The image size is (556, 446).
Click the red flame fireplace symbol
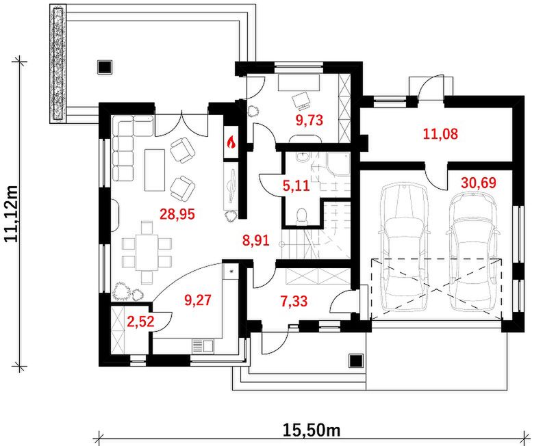pyautogui.click(x=231, y=142)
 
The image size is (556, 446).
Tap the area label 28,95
pyautogui.click(x=177, y=214)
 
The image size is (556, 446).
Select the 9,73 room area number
pyautogui.click(x=309, y=120)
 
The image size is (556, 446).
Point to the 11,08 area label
pyautogui.click(x=440, y=134)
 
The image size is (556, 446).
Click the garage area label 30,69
pyautogui.click(x=479, y=183)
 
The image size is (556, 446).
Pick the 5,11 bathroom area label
pyautogui.click(x=296, y=185)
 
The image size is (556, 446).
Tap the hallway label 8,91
pyautogui.click(x=255, y=241)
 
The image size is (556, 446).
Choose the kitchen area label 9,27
pyautogui.click(x=197, y=300)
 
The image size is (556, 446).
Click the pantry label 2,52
pyautogui.click(x=141, y=322)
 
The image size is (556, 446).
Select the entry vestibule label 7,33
pyautogui.click(x=294, y=302)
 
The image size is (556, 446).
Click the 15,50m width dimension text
pyautogui.click(x=312, y=430)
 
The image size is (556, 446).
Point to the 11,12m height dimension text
pyautogui.click(x=12, y=213)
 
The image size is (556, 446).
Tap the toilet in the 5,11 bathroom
pyautogui.click(x=301, y=216)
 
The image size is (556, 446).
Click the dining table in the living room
pyautogui.click(x=147, y=252)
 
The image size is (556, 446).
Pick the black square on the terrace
pyautogui.click(x=105, y=67)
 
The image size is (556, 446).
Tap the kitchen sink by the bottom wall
pyautogui.click(x=203, y=346)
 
